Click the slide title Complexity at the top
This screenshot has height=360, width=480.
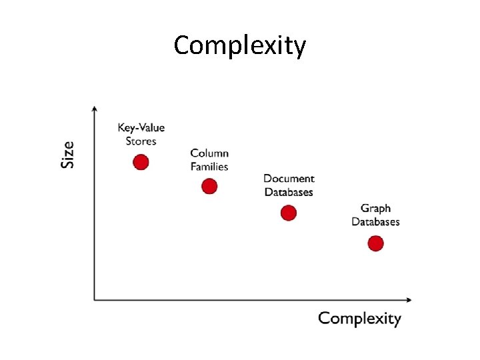point(240,46)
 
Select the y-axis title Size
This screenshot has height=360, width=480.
point(67,154)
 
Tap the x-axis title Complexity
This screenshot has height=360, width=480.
point(359,318)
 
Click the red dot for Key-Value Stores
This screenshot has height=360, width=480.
point(141,162)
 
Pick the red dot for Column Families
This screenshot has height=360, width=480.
point(209,186)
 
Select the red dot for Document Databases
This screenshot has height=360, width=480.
point(288,213)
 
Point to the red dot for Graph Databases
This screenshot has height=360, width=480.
point(375,243)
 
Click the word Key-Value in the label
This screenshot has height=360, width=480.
point(141,128)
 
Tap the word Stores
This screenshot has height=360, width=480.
point(141,141)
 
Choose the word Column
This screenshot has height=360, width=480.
point(209,153)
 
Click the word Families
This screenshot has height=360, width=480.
point(209,167)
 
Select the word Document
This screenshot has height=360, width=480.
point(289,179)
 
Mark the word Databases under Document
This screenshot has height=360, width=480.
point(289,192)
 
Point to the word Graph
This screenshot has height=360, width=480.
point(375,209)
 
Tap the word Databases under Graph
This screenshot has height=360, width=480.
point(375,222)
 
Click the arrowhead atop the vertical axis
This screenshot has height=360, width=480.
point(95,108)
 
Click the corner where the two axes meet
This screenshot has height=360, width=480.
point(95,300)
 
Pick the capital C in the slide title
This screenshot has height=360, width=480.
point(182,46)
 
